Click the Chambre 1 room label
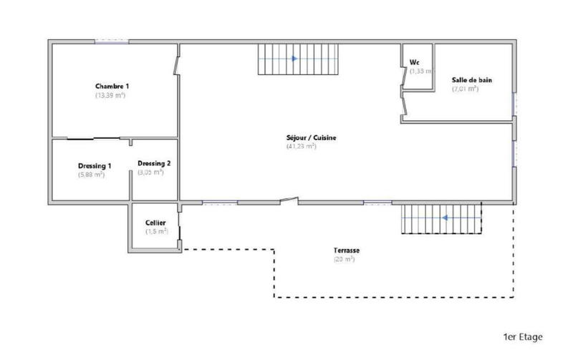112,86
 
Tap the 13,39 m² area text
110,95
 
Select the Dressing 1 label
95,165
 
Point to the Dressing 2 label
153,162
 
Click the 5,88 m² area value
92,174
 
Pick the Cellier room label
155,223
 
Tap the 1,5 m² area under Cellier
155,231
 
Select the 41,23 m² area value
301,146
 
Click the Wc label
414,62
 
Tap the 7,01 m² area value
465,89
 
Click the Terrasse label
346,250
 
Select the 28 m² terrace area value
344,259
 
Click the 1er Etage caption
521,336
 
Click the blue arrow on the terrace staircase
445,218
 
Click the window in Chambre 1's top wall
111,42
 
